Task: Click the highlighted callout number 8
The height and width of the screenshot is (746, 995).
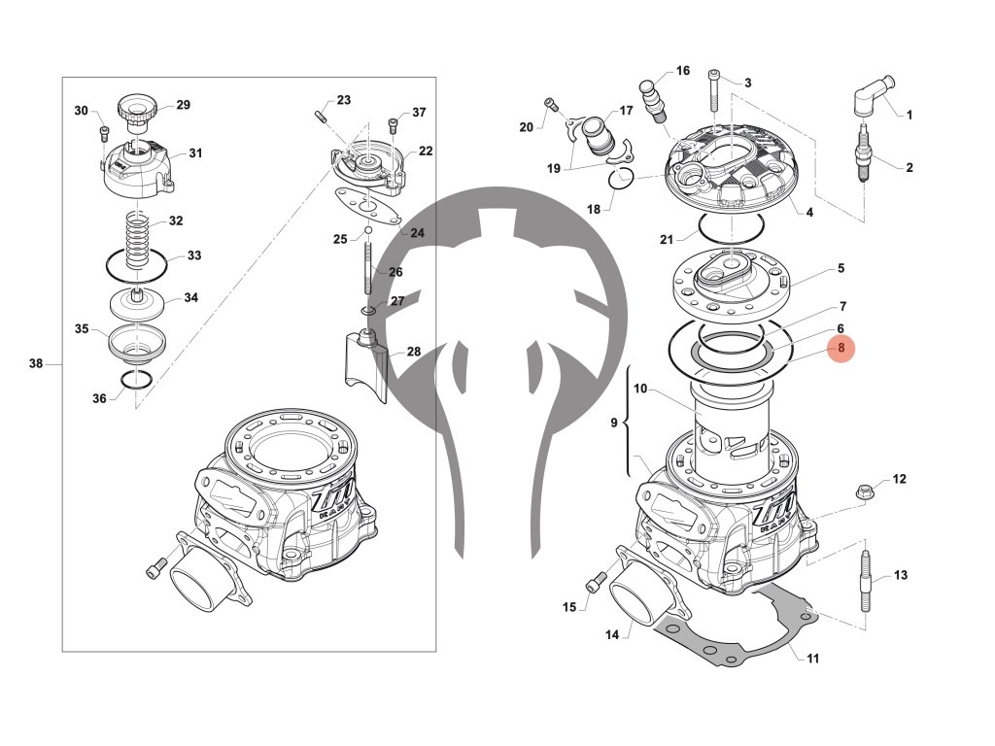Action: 841,347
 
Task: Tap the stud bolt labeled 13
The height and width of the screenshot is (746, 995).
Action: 865,582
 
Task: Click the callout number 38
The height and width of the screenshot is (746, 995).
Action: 36,364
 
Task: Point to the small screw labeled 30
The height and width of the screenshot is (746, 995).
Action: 103,131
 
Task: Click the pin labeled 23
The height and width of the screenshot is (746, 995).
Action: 321,117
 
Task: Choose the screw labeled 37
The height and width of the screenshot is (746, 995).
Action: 393,125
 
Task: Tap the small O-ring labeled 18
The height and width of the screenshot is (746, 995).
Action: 621,177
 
